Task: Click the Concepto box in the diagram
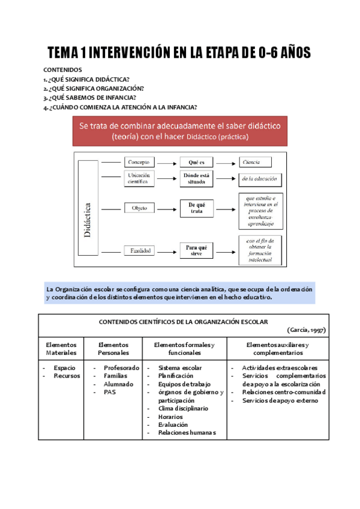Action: (140, 162)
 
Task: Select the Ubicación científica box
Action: (140, 178)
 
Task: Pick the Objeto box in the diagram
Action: (140, 208)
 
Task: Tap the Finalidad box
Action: (140, 250)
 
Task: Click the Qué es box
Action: (197, 162)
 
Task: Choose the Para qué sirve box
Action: (197, 250)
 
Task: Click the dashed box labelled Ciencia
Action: (259, 162)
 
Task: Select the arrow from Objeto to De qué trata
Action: (168, 208)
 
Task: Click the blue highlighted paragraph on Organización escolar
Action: (179, 293)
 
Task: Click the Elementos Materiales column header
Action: (61, 349)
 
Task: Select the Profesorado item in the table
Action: (122, 368)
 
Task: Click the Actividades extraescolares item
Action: (280, 368)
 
